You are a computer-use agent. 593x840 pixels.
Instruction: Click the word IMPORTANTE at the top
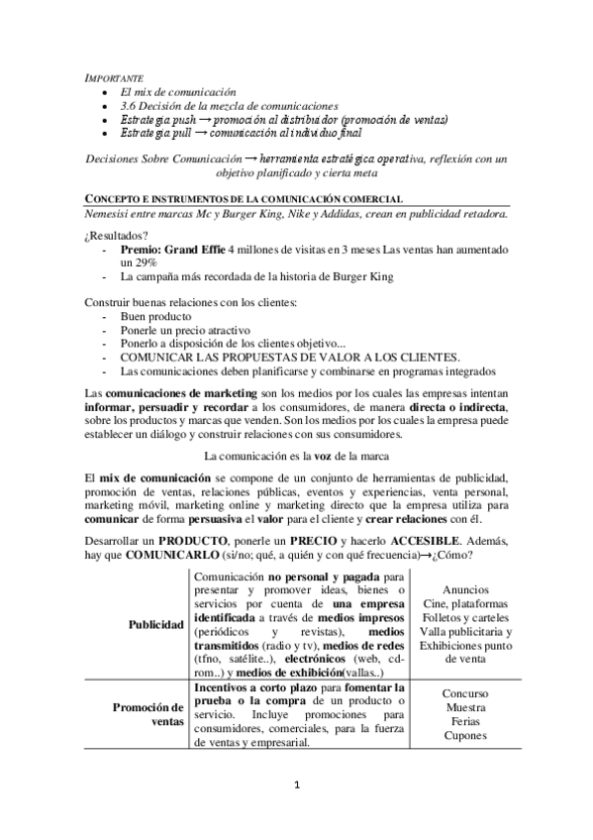tap(114, 77)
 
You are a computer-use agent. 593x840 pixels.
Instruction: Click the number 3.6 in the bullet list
tap(128, 105)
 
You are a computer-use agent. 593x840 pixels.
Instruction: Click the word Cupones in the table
tap(465, 736)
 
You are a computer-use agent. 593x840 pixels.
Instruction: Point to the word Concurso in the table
tap(465, 694)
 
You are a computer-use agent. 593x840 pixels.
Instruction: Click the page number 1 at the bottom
tap(296, 787)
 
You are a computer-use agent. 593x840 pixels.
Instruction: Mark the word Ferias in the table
tap(465, 722)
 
